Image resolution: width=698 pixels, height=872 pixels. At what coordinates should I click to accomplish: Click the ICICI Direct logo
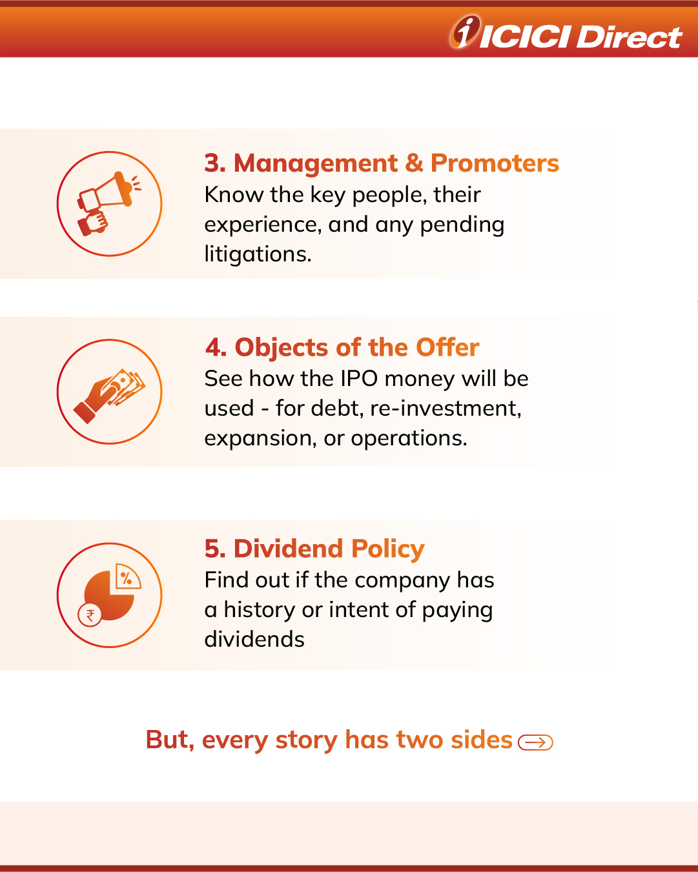tap(566, 32)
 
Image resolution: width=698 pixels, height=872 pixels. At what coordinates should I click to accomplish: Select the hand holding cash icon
tap(109, 396)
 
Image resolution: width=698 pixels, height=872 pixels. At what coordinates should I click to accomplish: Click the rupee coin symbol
tap(90, 616)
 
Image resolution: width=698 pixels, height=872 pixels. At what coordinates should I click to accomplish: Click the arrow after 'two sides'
tap(535, 742)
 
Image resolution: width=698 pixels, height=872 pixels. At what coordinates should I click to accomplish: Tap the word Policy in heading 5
tap(388, 549)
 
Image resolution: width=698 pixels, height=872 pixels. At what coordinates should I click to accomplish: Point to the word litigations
tap(258, 254)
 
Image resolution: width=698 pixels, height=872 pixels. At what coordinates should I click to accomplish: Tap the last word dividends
tap(254, 640)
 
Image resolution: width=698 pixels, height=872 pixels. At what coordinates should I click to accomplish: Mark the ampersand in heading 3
tap(414, 163)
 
